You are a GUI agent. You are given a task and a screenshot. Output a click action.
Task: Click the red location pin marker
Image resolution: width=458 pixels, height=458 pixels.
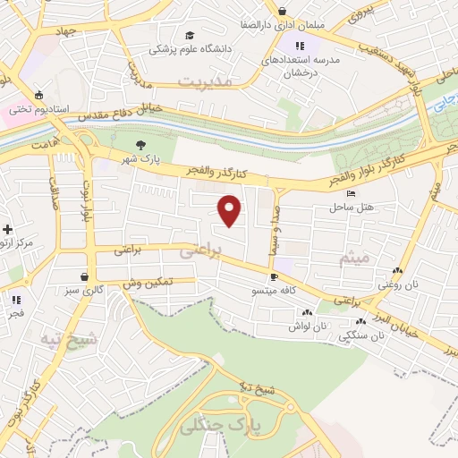tap(230, 210)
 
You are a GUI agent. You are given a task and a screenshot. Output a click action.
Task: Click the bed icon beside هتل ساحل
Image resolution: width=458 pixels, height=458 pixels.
tap(351, 193)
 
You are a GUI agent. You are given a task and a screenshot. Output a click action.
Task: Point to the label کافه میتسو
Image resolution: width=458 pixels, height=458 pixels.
tap(277, 291)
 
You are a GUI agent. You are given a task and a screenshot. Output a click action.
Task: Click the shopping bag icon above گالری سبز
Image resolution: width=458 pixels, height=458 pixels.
tap(84, 277)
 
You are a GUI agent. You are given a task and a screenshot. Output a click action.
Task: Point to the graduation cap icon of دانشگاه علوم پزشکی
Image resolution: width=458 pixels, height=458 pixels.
tap(189, 35)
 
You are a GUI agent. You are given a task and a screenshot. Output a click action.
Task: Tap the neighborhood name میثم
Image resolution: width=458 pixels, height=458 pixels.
tap(353, 258)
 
